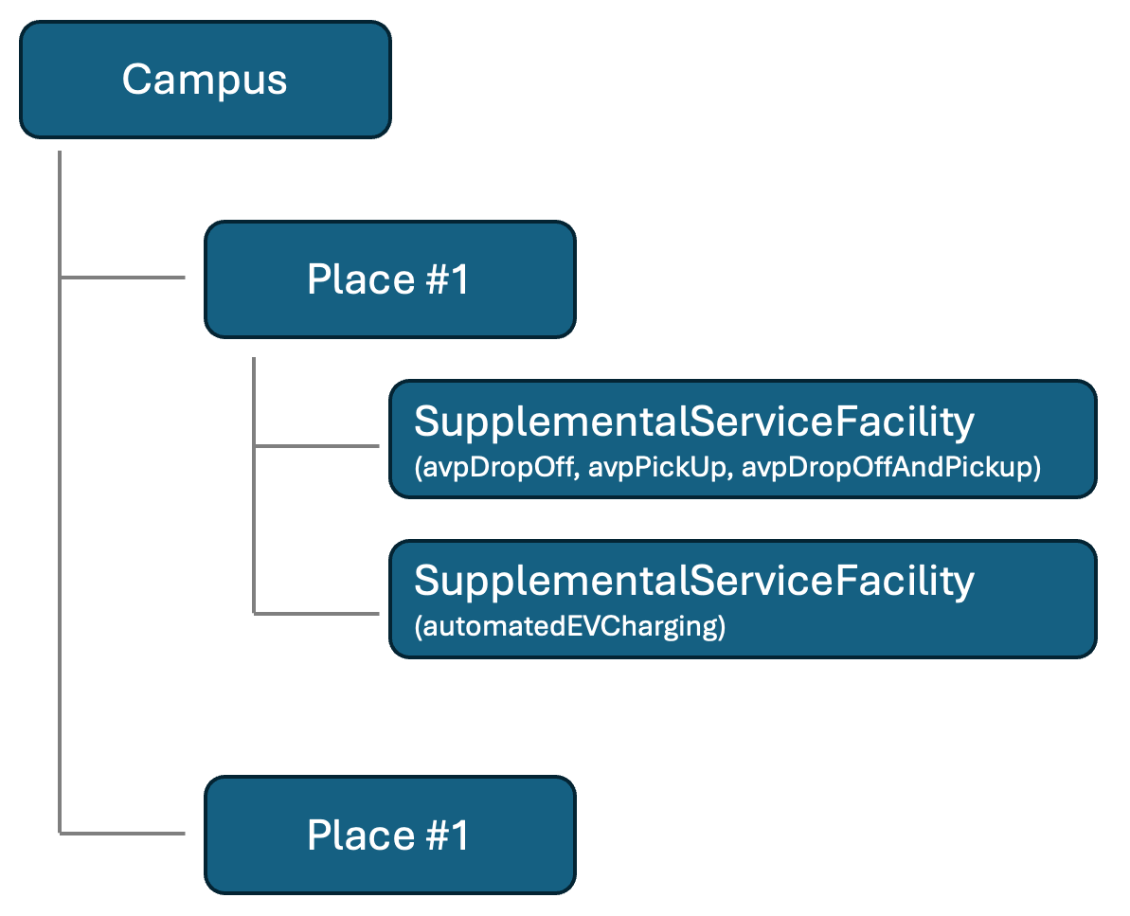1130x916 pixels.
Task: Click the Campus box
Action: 206,80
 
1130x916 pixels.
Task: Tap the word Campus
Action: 205,80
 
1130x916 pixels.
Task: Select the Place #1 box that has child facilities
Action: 390,279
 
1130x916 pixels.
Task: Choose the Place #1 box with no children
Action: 390,835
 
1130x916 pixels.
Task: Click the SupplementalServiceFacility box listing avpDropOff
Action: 743,439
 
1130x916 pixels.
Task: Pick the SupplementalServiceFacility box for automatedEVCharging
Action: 743,599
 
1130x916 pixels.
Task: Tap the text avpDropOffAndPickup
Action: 888,467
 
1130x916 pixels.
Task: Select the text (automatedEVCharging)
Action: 570,626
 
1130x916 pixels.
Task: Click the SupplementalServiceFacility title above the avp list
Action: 694,422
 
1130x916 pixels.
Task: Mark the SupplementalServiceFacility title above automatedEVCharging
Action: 694,581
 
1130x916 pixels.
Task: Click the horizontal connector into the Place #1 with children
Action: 122,277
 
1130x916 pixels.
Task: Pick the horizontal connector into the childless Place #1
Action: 122,834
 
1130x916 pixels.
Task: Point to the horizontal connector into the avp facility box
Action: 316,446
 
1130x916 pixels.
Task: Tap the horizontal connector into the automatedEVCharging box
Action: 316,614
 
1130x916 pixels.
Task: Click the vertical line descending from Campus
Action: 60,493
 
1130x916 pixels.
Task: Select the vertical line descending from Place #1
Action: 254,486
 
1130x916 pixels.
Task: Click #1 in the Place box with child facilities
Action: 447,279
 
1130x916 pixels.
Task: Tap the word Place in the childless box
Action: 361,835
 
